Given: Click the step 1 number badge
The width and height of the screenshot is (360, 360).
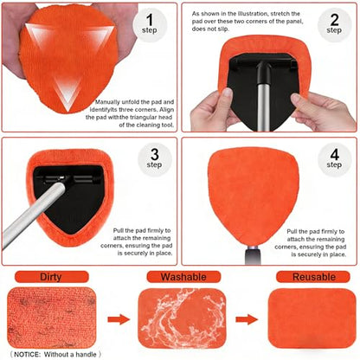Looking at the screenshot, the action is [150, 25].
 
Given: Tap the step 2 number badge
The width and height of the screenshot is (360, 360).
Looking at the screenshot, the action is [334, 25].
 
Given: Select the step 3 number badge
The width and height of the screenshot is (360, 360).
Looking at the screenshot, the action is [155, 159].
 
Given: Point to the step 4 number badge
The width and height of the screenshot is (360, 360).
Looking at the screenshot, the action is [335, 159].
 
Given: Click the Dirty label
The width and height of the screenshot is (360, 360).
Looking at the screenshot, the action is [51, 277].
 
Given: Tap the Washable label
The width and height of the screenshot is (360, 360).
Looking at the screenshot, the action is [183, 277].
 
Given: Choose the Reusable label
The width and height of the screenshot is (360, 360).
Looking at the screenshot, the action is [313, 277].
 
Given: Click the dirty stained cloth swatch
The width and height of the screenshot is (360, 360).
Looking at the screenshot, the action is [52, 318].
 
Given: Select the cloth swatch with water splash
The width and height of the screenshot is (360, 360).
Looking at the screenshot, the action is [182, 318].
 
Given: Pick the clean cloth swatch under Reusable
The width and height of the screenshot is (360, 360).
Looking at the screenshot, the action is [312, 318].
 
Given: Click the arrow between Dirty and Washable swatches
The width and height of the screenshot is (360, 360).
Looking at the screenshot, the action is [119, 319].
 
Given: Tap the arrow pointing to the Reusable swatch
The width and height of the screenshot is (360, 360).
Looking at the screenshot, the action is [247, 319].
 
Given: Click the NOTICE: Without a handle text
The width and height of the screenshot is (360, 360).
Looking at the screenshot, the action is [55, 354].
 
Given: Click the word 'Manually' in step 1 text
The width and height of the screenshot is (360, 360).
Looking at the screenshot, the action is [107, 102].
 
